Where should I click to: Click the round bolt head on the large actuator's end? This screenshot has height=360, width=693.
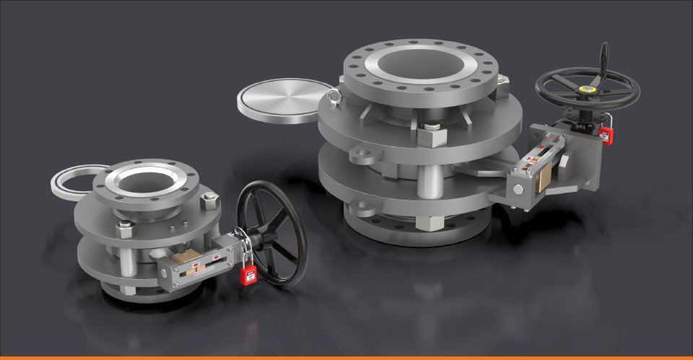[x=518, y=189]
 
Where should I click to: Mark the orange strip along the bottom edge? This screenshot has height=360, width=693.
[x=346, y=358]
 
